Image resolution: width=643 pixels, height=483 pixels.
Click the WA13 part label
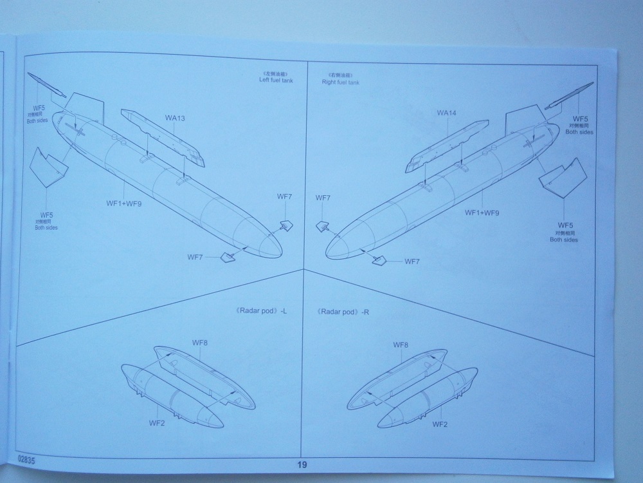point(175,118)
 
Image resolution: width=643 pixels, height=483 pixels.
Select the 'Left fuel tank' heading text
point(276,80)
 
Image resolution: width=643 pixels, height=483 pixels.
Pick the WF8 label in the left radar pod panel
point(199,343)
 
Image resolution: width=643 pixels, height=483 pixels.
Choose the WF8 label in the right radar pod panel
point(401,346)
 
